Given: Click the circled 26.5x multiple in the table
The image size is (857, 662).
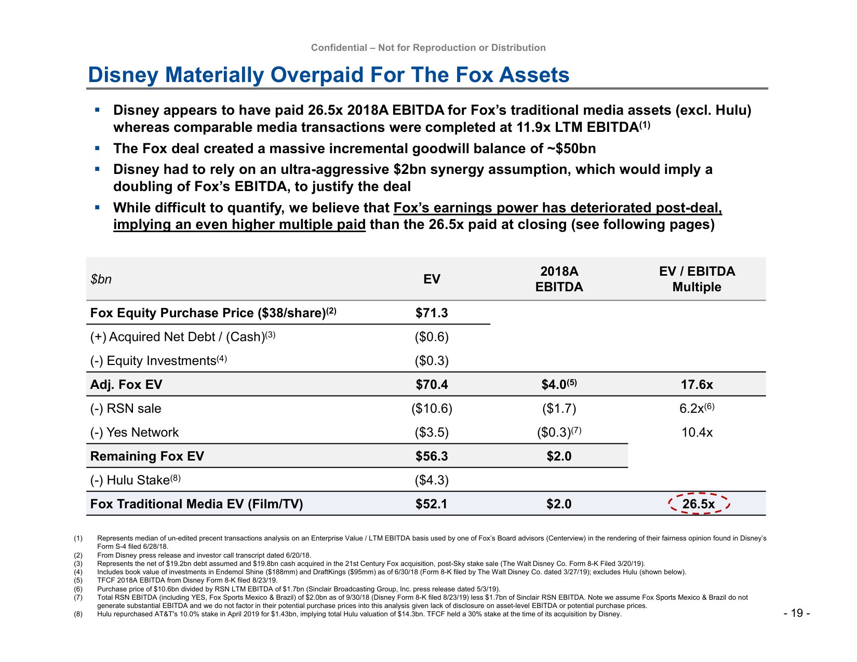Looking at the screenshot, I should (699, 504).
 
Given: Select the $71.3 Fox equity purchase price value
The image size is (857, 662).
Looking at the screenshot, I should (432, 313).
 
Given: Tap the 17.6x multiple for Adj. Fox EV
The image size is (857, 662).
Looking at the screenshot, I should (697, 385).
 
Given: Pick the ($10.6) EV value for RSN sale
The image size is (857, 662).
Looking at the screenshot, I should (432, 409).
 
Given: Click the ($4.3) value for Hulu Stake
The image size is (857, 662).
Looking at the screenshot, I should (432, 480).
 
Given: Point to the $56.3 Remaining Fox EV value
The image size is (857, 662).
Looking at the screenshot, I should (432, 456).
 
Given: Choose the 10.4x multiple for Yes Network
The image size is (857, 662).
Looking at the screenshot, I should (697, 433).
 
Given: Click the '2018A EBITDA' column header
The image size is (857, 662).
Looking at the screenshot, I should (559, 279).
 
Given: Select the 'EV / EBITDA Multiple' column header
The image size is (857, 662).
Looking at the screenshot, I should (697, 279).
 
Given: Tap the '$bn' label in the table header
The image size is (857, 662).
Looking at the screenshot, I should (101, 279).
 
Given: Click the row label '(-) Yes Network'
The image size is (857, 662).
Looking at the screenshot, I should (134, 433).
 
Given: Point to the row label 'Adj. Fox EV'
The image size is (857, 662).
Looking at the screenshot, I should (126, 385).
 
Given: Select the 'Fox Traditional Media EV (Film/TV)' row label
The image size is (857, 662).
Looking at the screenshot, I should (196, 504).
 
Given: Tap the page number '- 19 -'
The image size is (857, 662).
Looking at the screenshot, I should (796, 613).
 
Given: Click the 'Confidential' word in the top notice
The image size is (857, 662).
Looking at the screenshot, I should (339, 48).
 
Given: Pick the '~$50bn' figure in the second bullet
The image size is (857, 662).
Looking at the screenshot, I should (571, 148).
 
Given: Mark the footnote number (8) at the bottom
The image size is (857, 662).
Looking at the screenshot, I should (78, 614).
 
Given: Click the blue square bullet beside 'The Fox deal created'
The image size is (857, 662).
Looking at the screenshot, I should (97, 148).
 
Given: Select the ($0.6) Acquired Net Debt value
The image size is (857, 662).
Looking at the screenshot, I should (432, 337).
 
